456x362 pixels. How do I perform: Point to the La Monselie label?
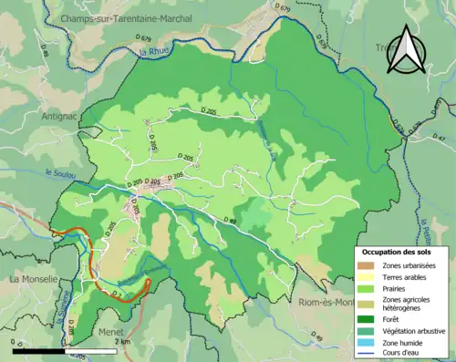tap(34, 279)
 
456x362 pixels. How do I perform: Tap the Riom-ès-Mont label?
tap(320, 303)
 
